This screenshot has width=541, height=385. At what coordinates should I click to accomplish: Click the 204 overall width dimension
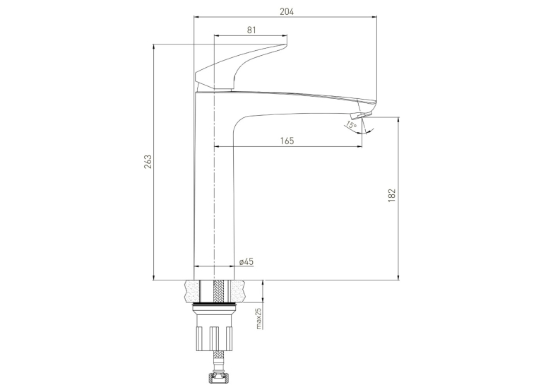click(x=287, y=12)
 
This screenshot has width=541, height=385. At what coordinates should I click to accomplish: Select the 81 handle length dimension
click(x=251, y=30)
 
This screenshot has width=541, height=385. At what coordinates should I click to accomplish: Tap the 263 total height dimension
click(x=148, y=162)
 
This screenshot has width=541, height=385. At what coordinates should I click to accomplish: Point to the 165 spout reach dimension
click(x=287, y=141)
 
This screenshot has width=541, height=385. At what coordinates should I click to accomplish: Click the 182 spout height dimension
click(x=392, y=195)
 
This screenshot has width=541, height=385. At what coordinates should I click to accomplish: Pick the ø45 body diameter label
click(x=246, y=261)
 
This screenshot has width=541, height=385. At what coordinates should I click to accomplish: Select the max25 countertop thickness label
click(x=259, y=319)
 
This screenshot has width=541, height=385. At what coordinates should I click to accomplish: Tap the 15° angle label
click(x=351, y=125)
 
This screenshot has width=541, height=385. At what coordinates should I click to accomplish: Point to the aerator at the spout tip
click(x=362, y=115)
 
